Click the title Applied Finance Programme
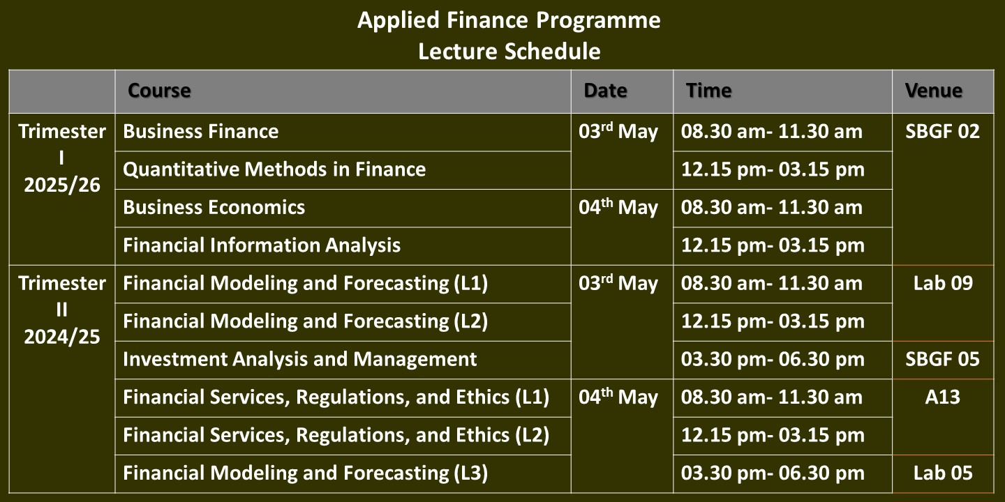click(x=509, y=21)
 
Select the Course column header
click(x=159, y=91)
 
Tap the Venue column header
click(x=934, y=91)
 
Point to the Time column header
click(x=708, y=91)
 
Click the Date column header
click(x=605, y=91)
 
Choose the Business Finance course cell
click(x=200, y=131)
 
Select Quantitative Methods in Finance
click(x=274, y=169)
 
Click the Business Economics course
click(x=214, y=207)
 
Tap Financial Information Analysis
click(x=262, y=245)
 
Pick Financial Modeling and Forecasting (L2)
click(x=305, y=321)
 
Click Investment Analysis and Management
click(x=299, y=359)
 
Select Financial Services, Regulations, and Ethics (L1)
click(x=336, y=397)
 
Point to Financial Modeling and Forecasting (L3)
click(x=305, y=473)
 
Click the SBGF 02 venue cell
click(x=942, y=131)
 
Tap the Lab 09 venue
click(x=943, y=283)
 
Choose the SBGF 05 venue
click(x=942, y=359)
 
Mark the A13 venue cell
click(x=943, y=397)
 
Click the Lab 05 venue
click(x=943, y=473)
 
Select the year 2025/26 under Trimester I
click(x=62, y=185)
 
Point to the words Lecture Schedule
click(x=509, y=51)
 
